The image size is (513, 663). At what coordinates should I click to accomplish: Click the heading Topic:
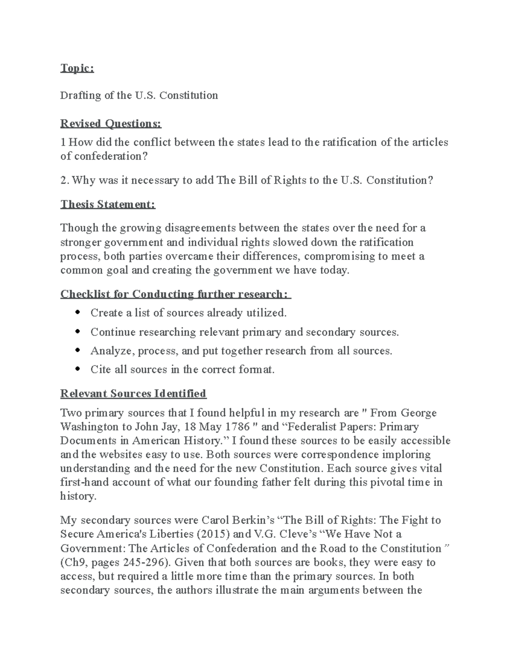(77, 68)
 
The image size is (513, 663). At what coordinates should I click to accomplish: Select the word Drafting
(80, 95)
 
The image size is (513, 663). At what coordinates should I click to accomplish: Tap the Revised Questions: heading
(111, 124)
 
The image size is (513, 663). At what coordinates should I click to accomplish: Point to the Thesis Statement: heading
(108, 204)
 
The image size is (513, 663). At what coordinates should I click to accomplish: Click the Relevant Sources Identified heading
(133, 393)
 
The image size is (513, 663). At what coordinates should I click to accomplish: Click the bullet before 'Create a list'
(77, 313)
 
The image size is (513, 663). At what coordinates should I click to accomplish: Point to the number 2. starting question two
(65, 181)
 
